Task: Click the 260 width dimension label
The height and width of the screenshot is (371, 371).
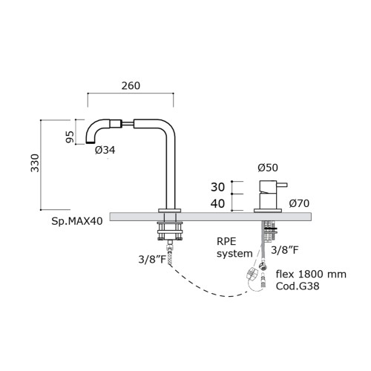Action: coord(131,85)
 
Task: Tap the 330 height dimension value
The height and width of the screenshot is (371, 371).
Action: coord(35,163)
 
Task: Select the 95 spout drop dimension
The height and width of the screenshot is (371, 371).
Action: coord(70,137)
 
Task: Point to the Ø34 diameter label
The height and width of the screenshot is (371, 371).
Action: coord(105,150)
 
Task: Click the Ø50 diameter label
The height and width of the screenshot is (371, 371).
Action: coord(268,168)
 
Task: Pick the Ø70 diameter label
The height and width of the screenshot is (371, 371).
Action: coord(299,203)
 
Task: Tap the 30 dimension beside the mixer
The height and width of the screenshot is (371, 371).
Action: coord(217,187)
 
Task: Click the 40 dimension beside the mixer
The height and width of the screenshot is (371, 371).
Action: coord(217,203)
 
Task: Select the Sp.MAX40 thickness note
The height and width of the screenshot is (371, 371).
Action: coord(77,221)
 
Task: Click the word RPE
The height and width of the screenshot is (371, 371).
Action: coord(226,241)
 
